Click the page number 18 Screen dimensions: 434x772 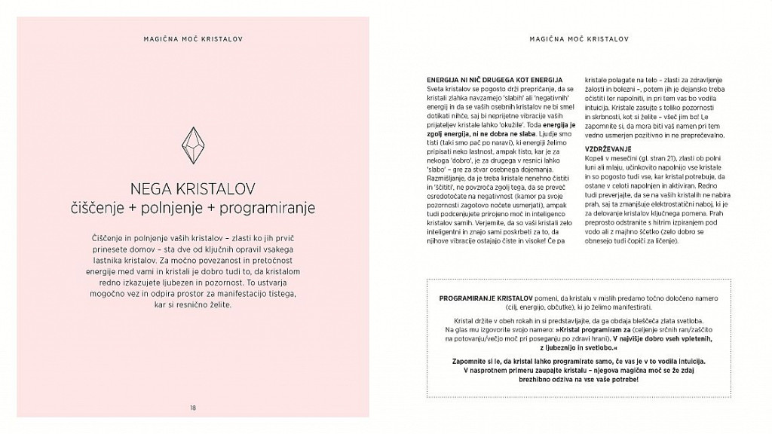tap(193, 408)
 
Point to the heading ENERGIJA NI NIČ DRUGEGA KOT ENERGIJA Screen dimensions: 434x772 tap(495, 79)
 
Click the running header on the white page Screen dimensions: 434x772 tap(578, 37)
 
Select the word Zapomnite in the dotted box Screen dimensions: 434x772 tap(469, 361)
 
